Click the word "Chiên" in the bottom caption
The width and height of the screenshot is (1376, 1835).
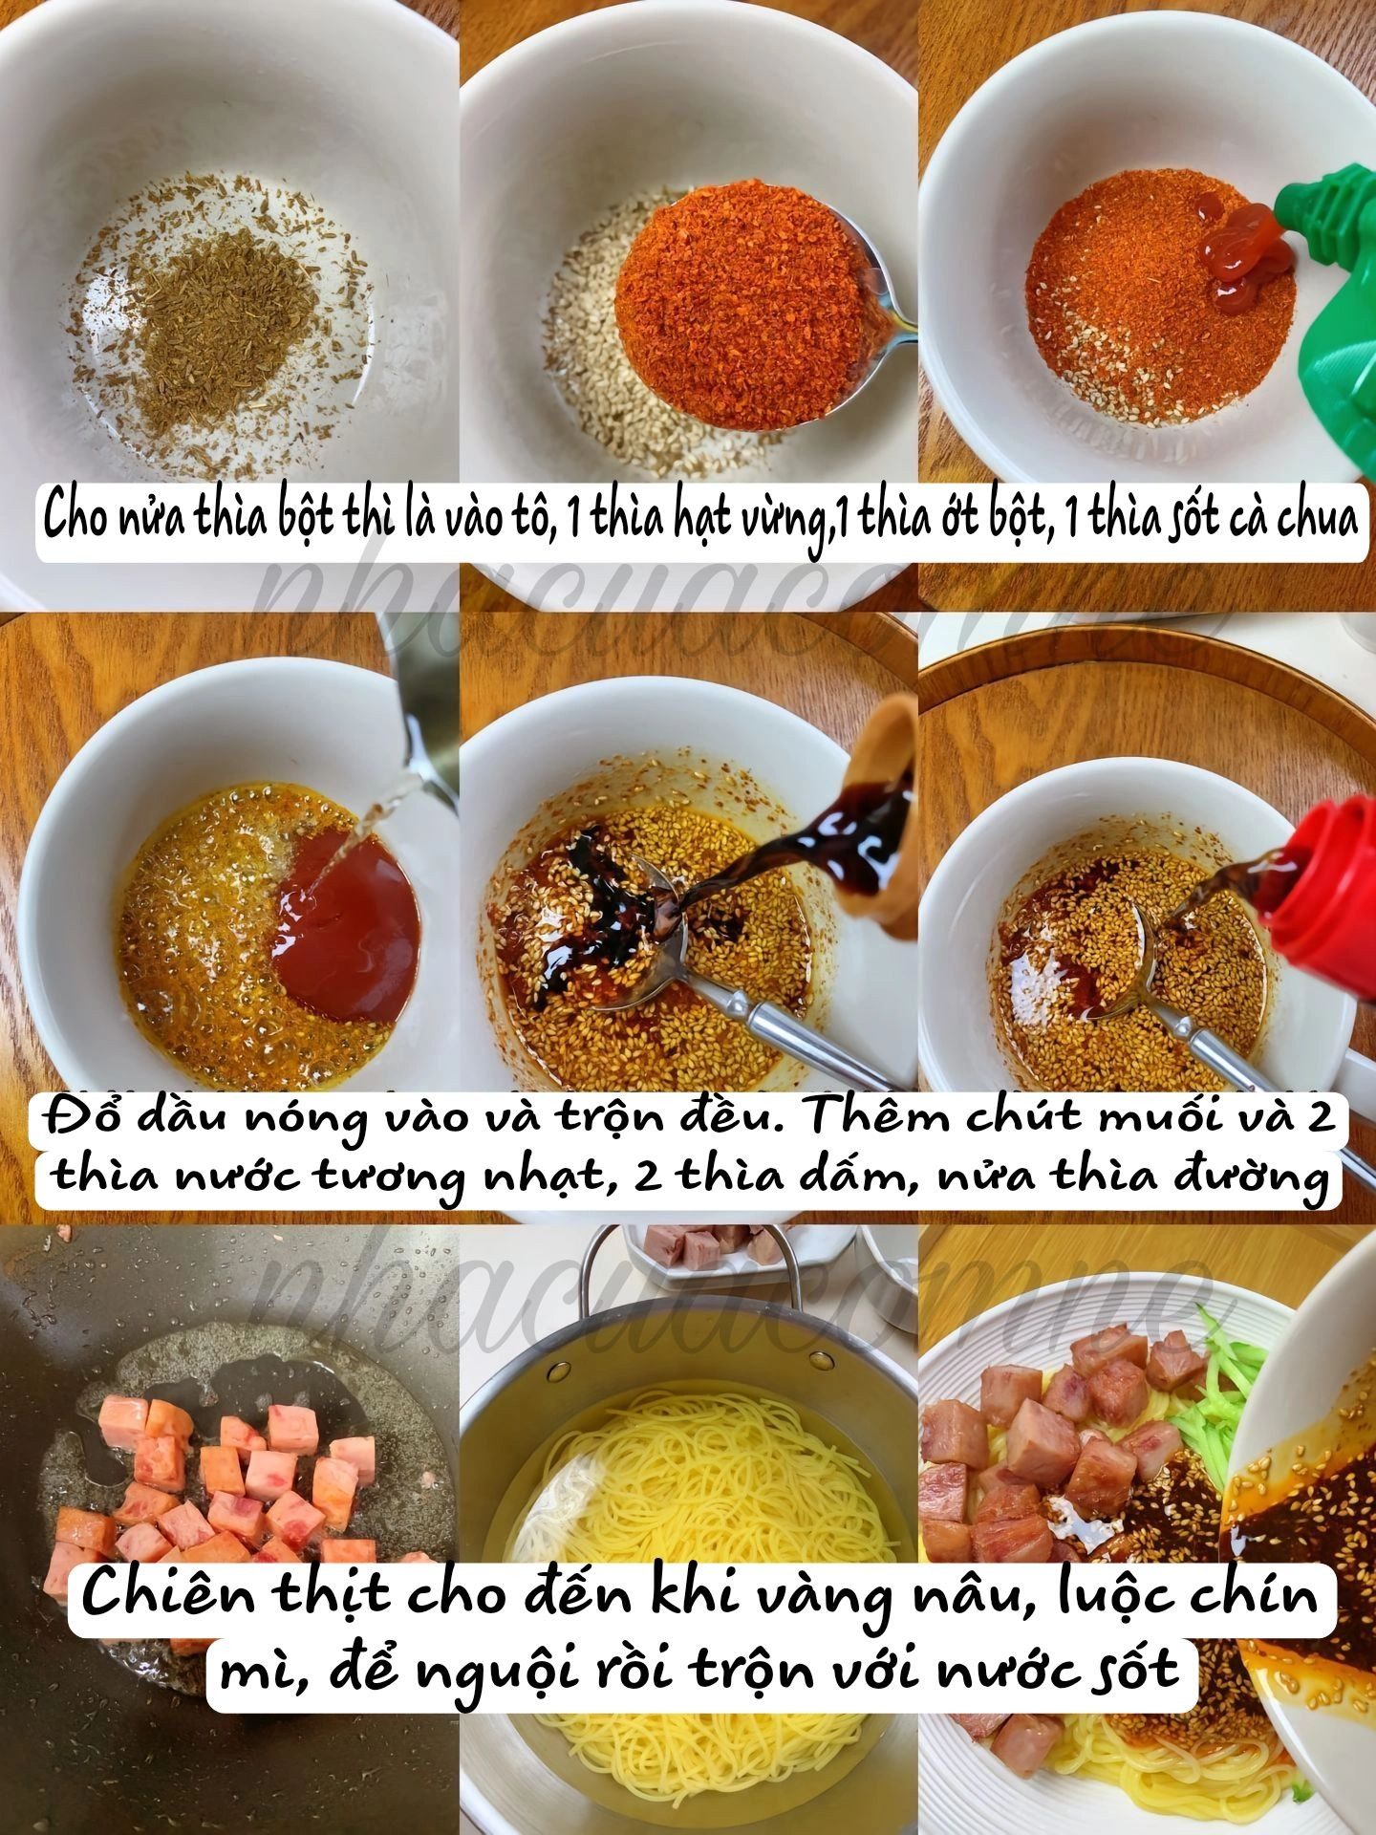pos(158,1594)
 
